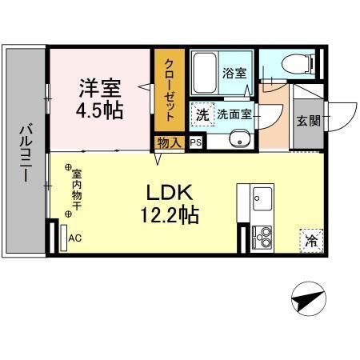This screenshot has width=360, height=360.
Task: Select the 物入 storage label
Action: point(170,142)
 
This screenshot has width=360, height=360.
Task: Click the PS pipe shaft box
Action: point(196,142)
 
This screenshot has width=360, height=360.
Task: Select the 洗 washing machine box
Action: point(202,114)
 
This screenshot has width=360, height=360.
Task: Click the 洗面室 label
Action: point(234,114)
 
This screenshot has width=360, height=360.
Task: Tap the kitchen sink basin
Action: point(262,196)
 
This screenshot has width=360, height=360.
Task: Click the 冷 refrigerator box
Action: point(310,239)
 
